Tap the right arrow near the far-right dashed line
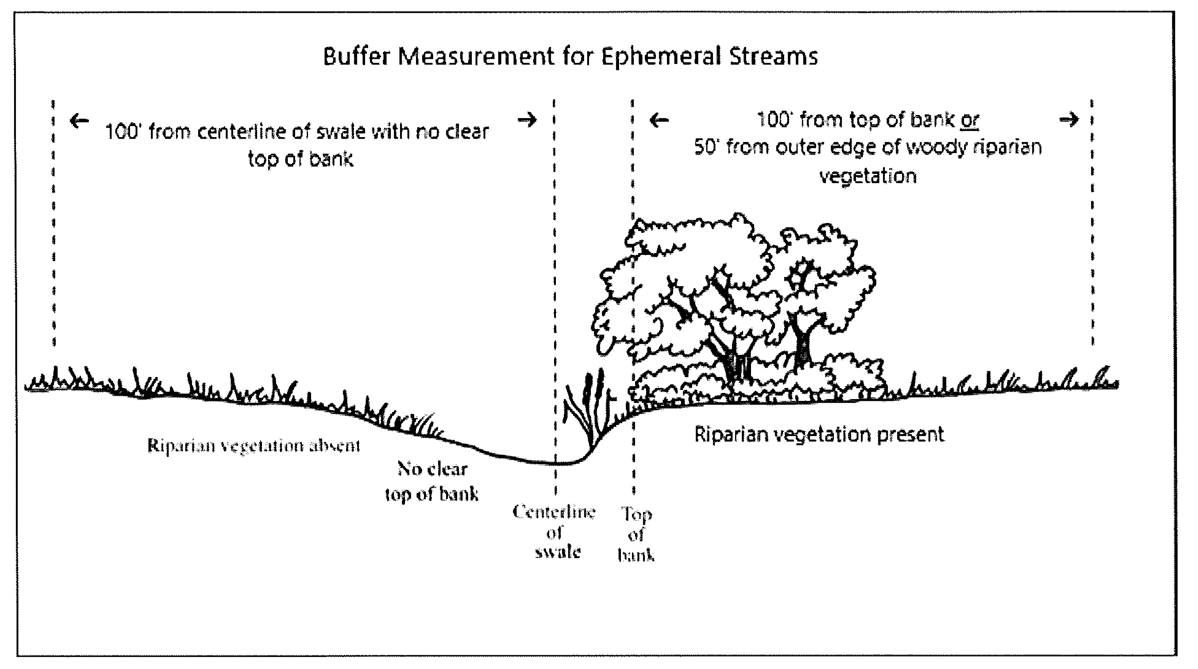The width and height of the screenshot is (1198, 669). point(1069,120)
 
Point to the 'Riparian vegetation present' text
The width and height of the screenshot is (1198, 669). point(819,435)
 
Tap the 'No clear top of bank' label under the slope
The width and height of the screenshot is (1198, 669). point(432,481)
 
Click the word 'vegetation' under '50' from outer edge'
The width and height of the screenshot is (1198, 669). point(868,176)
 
